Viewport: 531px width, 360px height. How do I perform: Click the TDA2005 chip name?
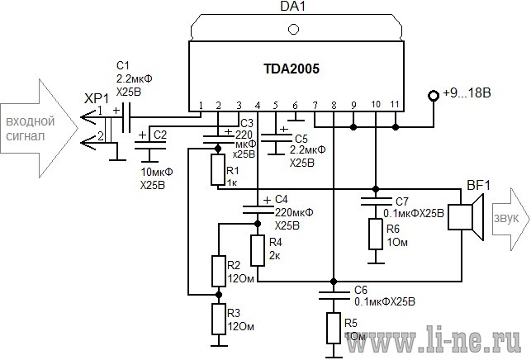(x=292, y=69)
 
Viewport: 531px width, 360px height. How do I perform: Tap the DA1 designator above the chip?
(x=293, y=6)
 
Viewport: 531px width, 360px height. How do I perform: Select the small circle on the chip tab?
(x=293, y=29)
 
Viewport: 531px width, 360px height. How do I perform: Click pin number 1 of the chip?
(x=201, y=106)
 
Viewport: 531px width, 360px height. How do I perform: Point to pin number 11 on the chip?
(x=395, y=104)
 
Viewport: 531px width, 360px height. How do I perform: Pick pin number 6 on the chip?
(x=295, y=106)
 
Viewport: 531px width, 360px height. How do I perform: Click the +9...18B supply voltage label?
(x=467, y=92)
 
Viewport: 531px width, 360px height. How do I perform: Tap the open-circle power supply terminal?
(x=433, y=96)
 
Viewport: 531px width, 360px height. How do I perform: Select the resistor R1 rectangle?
(x=218, y=169)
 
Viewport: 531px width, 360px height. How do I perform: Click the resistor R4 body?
(x=258, y=251)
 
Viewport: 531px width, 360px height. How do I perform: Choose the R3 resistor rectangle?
(x=219, y=319)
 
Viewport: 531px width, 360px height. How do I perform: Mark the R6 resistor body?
(x=376, y=234)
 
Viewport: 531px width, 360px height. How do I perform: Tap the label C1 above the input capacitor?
(x=122, y=65)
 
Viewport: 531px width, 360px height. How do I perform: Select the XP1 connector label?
(x=97, y=99)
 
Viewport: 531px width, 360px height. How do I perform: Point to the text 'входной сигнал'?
(x=30, y=129)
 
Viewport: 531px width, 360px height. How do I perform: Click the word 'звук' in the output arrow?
(x=506, y=219)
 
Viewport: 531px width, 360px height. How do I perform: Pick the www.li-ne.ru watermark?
(x=434, y=339)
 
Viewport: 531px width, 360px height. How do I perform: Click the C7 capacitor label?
(x=402, y=201)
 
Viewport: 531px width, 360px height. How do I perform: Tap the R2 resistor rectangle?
(x=219, y=272)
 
